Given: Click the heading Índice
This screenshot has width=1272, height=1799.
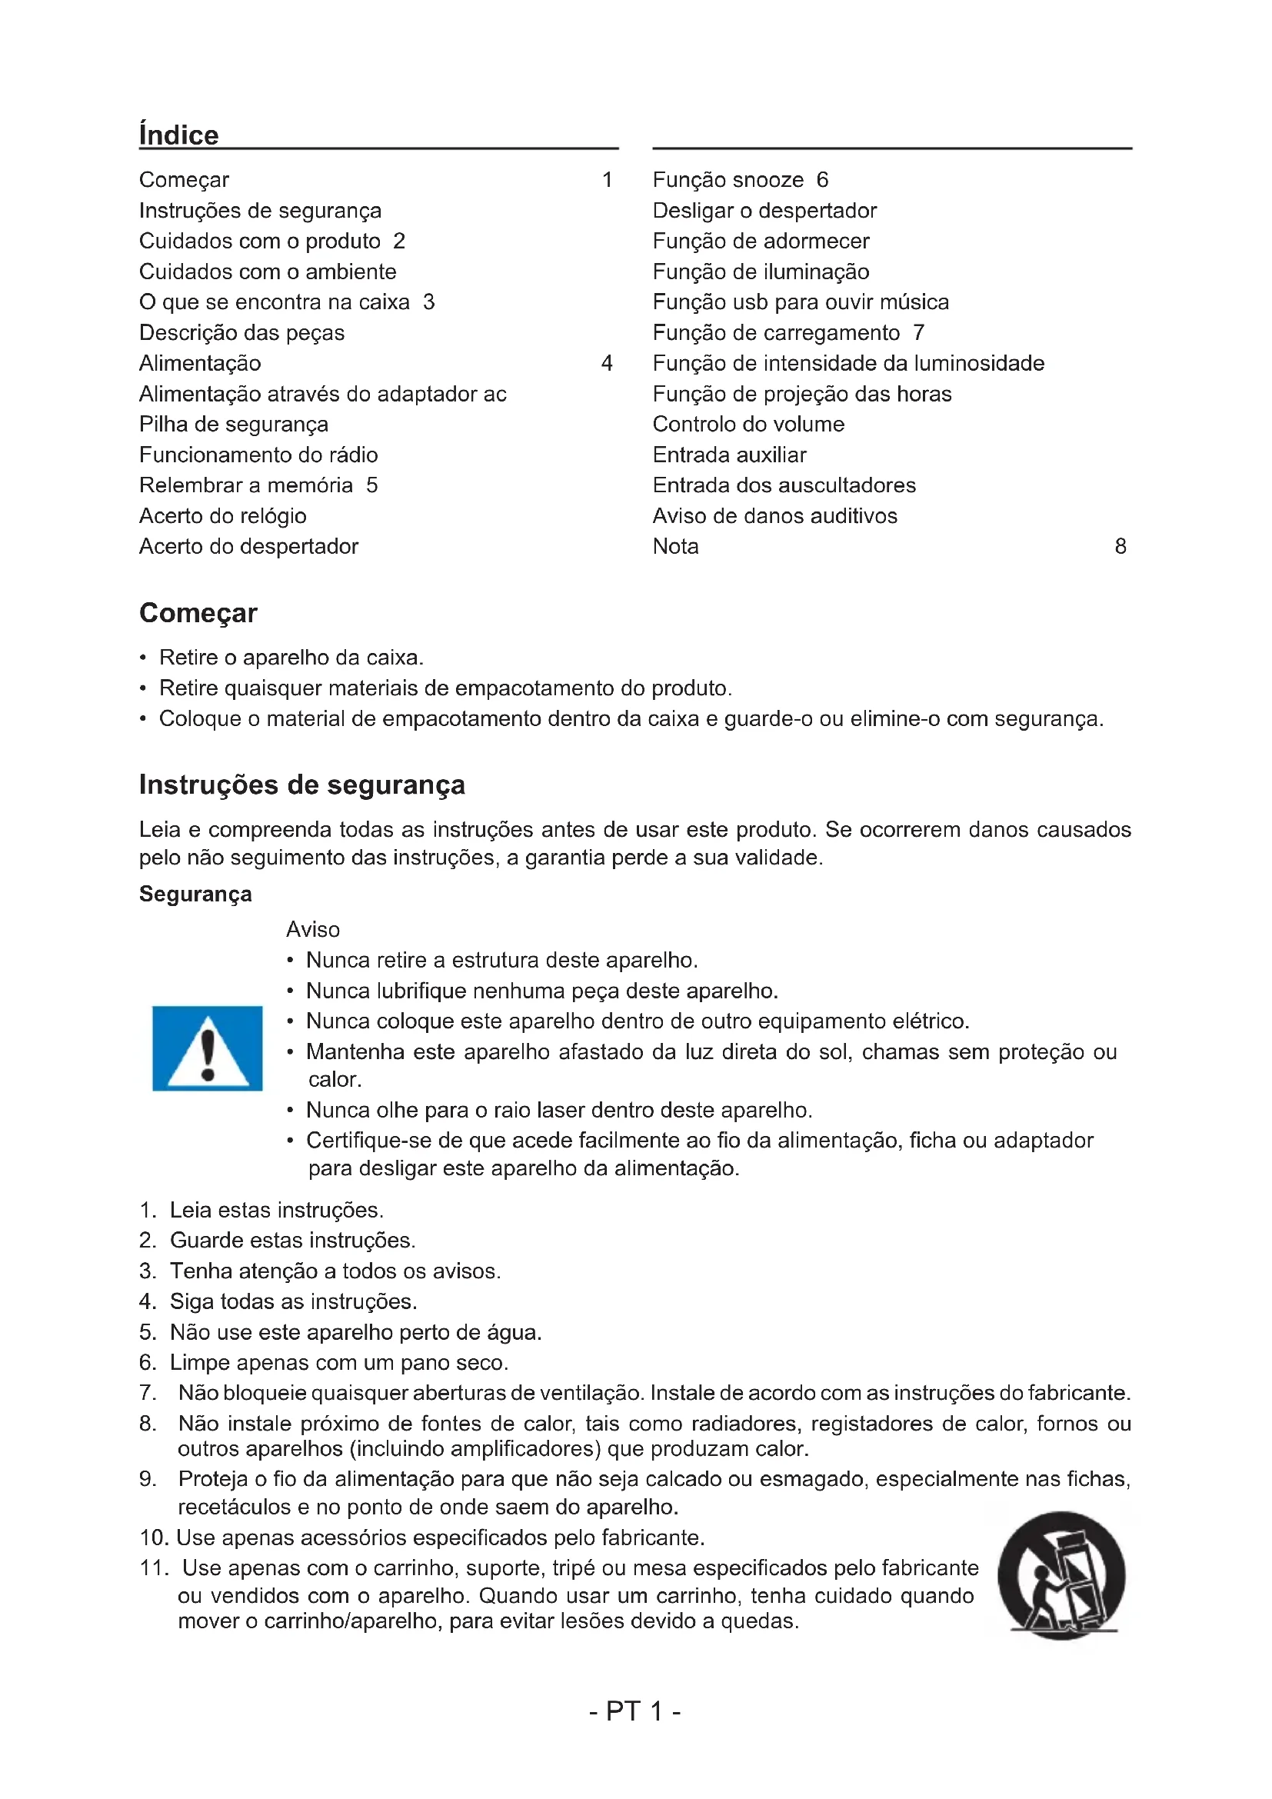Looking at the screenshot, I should tap(178, 135).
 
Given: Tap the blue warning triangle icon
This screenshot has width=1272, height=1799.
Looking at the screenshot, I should tap(208, 1048).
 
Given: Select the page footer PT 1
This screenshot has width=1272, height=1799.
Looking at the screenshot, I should tap(634, 1711).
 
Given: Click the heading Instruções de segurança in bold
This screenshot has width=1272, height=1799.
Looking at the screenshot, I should tap(301, 785).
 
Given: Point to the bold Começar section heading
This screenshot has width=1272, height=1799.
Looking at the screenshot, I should tap(198, 613).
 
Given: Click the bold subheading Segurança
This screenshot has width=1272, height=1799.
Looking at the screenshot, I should tap(195, 894).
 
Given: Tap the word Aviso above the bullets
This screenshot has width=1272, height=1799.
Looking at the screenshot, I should tap(312, 930).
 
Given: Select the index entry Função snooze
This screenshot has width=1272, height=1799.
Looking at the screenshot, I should tap(728, 180).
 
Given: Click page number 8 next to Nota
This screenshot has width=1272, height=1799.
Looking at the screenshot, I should tap(1120, 547).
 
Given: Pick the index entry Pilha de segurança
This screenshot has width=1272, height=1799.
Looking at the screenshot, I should tap(234, 425).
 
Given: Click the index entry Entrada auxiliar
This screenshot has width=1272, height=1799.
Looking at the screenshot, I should tap(729, 455).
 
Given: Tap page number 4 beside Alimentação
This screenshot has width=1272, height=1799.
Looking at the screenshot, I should tap(606, 364).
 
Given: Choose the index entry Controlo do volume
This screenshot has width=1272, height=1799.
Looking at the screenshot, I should tap(748, 425).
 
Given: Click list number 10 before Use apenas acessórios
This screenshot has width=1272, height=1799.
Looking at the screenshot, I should tap(154, 1538).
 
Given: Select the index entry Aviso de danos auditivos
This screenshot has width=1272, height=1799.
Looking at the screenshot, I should tap(774, 516).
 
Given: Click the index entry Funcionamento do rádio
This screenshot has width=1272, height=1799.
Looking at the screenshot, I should tap(258, 455).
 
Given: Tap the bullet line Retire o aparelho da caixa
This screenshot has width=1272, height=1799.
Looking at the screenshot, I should tap(291, 658).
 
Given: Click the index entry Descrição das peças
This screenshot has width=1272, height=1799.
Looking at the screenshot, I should tap(241, 333).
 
